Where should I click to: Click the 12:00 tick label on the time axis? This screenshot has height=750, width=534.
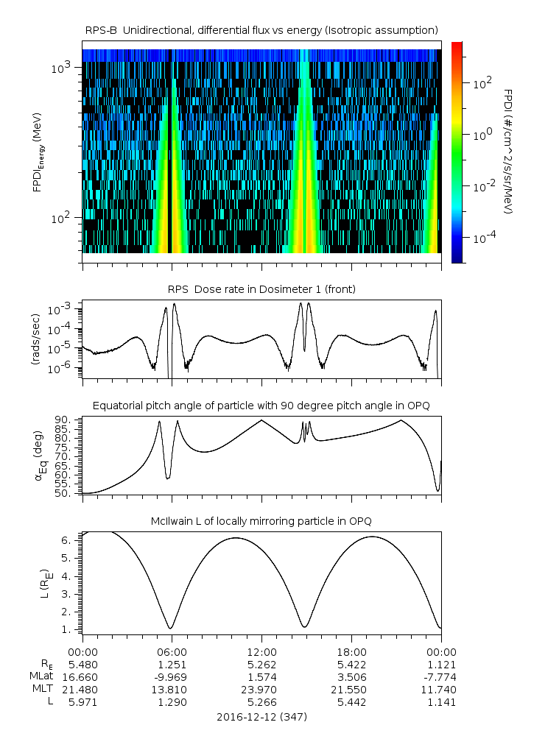click(x=261, y=652)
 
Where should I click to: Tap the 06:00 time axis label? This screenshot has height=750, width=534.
click(x=172, y=652)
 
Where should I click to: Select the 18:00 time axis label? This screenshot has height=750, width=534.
click(x=351, y=652)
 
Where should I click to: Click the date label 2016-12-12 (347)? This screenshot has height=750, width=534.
click(x=261, y=716)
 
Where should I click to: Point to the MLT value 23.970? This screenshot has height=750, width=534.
click(x=261, y=690)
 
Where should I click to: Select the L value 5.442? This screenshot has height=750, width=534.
click(x=351, y=702)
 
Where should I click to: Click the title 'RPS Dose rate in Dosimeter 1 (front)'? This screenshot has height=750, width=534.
click(x=261, y=289)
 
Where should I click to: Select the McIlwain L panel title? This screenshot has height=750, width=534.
click(x=261, y=521)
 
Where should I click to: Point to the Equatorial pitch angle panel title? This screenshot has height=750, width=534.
click(x=261, y=406)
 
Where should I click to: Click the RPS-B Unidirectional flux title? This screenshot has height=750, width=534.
click(x=261, y=29)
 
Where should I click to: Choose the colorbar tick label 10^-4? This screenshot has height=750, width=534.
click(x=485, y=239)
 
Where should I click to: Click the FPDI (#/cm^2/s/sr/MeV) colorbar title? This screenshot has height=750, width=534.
click(x=508, y=152)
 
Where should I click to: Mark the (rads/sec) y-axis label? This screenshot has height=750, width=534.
click(x=35, y=339)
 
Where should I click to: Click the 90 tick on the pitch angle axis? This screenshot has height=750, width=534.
click(x=63, y=420)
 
